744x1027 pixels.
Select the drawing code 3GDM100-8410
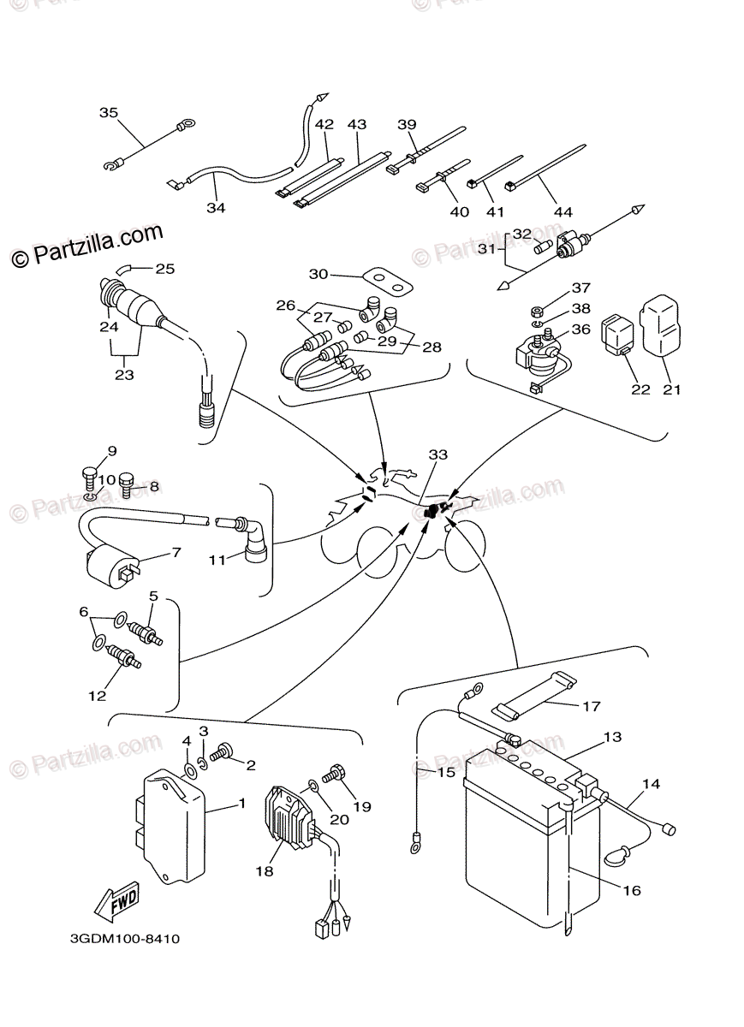click(125, 938)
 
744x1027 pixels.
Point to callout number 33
click(437, 455)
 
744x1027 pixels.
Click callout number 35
click(109, 112)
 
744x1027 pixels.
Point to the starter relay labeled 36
click(535, 358)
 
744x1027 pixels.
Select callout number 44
click(562, 211)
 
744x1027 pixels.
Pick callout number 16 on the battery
click(632, 890)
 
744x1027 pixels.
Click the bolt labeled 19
click(335, 773)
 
